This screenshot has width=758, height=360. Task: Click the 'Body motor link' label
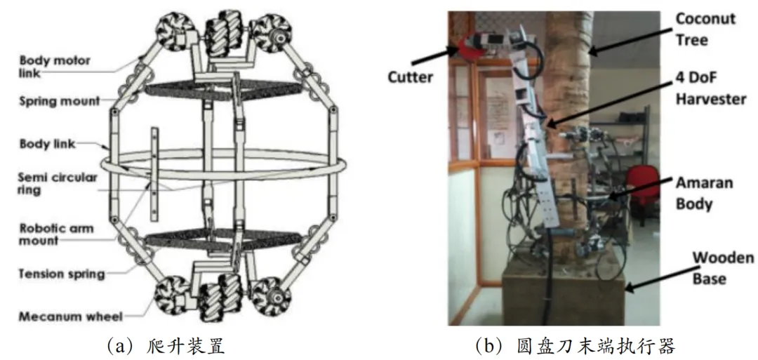pyautogui.click(x=54, y=67)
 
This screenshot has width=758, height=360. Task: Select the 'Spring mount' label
pyautogui.click(x=59, y=102)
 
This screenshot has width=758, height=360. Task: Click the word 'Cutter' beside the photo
pyautogui.click(x=410, y=76)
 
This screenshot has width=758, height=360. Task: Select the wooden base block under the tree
pyautogui.click(x=561, y=295)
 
